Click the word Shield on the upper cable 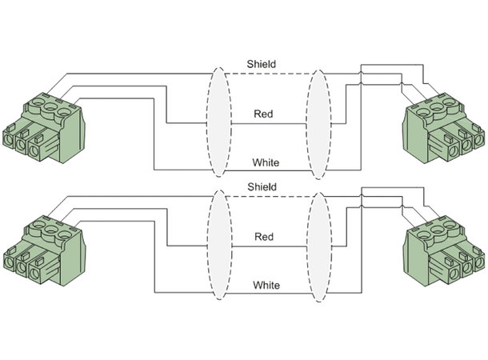click(262, 64)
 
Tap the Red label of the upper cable click(263, 114)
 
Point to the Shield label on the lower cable click(262, 186)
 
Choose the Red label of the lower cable click(264, 237)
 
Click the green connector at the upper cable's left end click(45, 128)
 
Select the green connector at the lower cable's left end click(45, 252)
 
